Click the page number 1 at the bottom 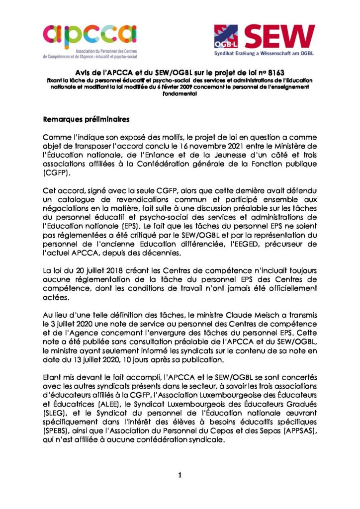click(180, 475)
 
